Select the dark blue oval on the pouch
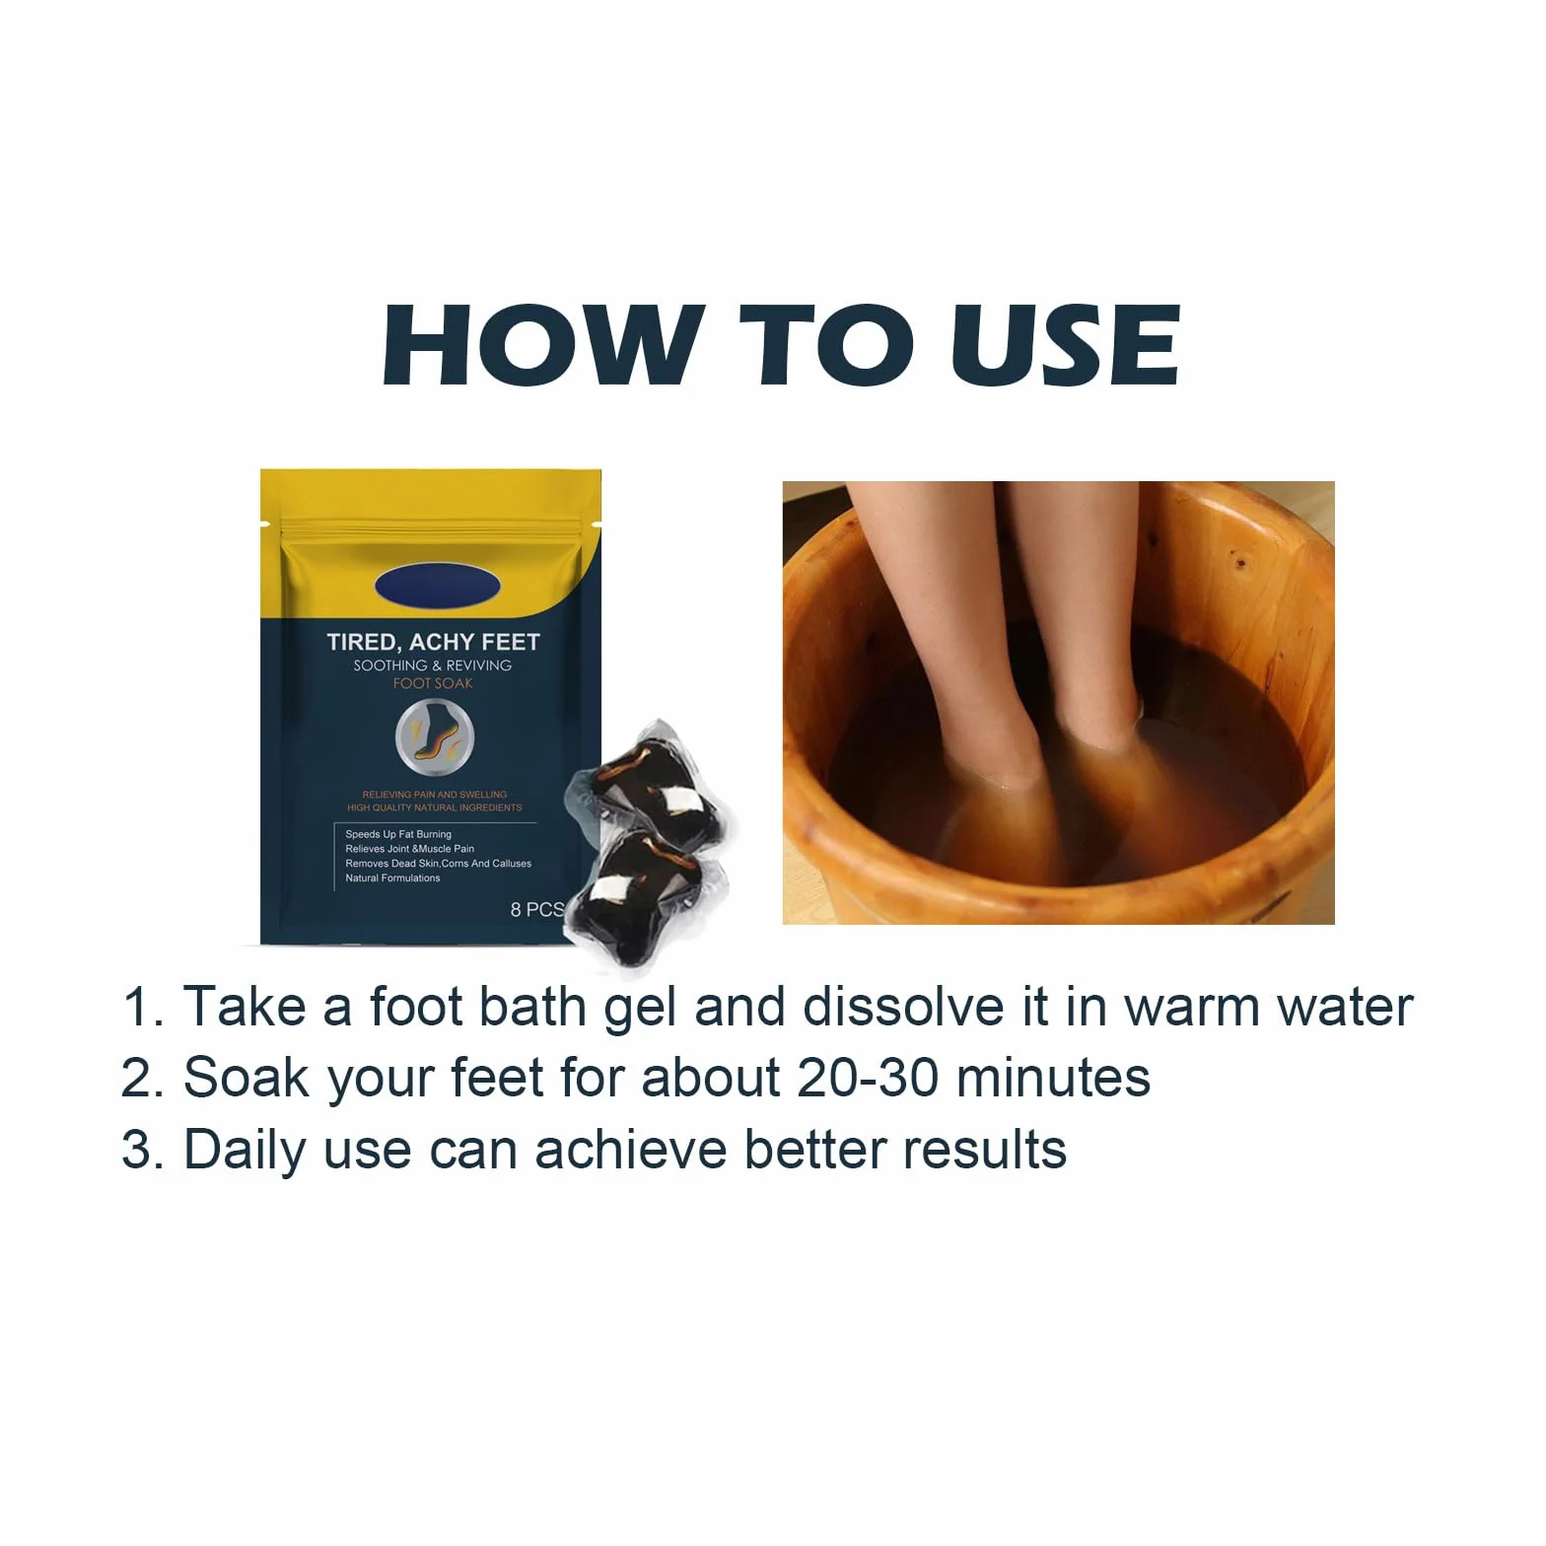pyautogui.click(x=438, y=587)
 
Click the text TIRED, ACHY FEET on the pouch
pyautogui.click(x=434, y=642)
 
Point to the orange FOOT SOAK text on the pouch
pyautogui.click(x=433, y=683)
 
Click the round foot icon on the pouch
pyautogui.click(x=435, y=738)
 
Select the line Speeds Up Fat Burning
pyautogui.click(x=398, y=834)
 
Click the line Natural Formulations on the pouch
pyautogui.click(x=392, y=878)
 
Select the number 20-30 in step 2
pyautogui.click(x=868, y=1078)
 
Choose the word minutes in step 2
pyautogui.click(x=1053, y=1078)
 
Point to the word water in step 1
pyautogui.click(x=1345, y=1007)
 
